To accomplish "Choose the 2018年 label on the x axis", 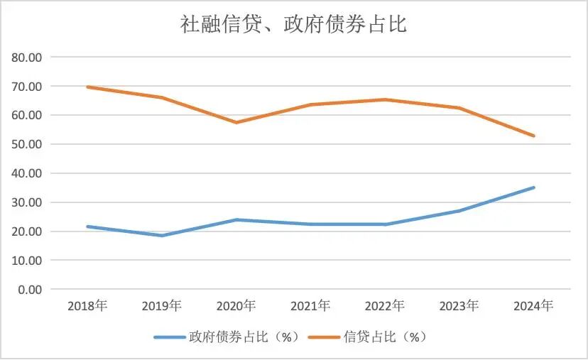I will coord(87,306).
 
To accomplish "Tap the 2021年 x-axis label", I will coord(310,306).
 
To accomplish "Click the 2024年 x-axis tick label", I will coord(533,306).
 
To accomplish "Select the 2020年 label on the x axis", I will coord(236,306).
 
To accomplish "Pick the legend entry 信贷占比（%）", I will coord(384,337).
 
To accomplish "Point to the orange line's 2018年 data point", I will coord(87,87).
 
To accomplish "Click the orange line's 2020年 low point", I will coord(236,122).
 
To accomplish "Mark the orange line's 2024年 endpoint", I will coord(533,136).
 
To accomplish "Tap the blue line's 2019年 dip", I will coord(162,235).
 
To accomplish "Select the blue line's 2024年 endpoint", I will coord(533,187).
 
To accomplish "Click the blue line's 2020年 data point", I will coord(236,219).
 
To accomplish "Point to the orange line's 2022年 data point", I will coord(385,99).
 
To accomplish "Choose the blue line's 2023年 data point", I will coord(459,211).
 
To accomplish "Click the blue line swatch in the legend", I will coord(170,337).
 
